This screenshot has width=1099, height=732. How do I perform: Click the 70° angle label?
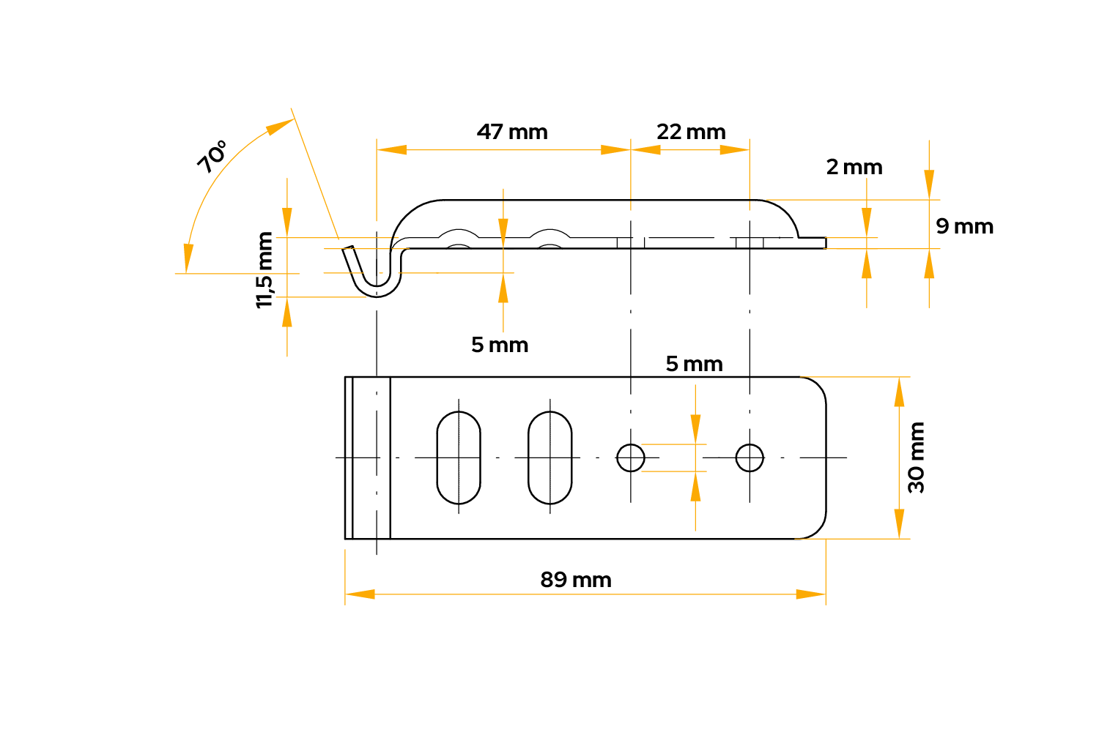[x=212, y=157]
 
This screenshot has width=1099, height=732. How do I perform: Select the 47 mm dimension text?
[x=512, y=132]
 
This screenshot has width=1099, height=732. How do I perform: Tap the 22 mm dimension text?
[x=691, y=132]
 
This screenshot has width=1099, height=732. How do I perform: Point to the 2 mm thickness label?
[x=854, y=167]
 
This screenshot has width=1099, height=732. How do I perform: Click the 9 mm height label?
[x=964, y=226]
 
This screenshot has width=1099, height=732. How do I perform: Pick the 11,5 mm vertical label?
[x=264, y=270]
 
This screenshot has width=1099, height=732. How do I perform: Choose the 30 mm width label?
[x=916, y=457]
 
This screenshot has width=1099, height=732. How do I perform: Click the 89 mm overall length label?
[x=575, y=580]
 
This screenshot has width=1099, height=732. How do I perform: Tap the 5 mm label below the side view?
[x=500, y=345]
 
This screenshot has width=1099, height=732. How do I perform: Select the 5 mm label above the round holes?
[x=694, y=364]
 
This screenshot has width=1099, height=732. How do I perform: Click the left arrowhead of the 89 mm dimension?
[x=360, y=594]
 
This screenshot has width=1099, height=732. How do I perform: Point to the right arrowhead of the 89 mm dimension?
[x=811, y=594]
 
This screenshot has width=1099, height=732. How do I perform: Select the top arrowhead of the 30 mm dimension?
[x=899, y=392]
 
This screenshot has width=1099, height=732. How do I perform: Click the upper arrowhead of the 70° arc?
[x=280, y=127]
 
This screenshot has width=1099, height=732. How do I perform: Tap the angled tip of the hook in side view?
[x=348, y=248]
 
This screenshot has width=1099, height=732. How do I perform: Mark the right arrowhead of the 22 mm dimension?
[x=735, y=149]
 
